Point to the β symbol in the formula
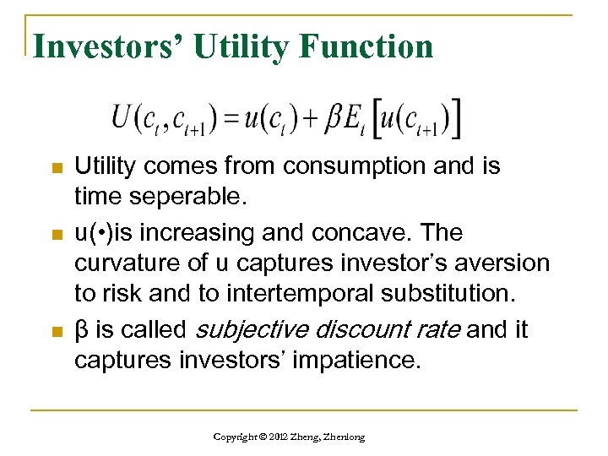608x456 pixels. point(334,119)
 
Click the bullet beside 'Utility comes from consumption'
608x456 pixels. point(57,169)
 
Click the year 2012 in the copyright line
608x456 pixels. point(275,437)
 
